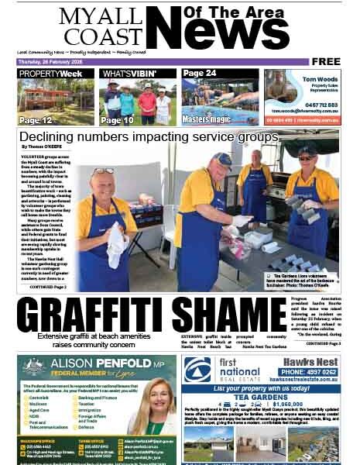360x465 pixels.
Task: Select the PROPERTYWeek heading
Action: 51,74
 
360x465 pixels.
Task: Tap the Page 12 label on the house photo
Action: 36,120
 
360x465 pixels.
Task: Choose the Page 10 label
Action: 117,120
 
